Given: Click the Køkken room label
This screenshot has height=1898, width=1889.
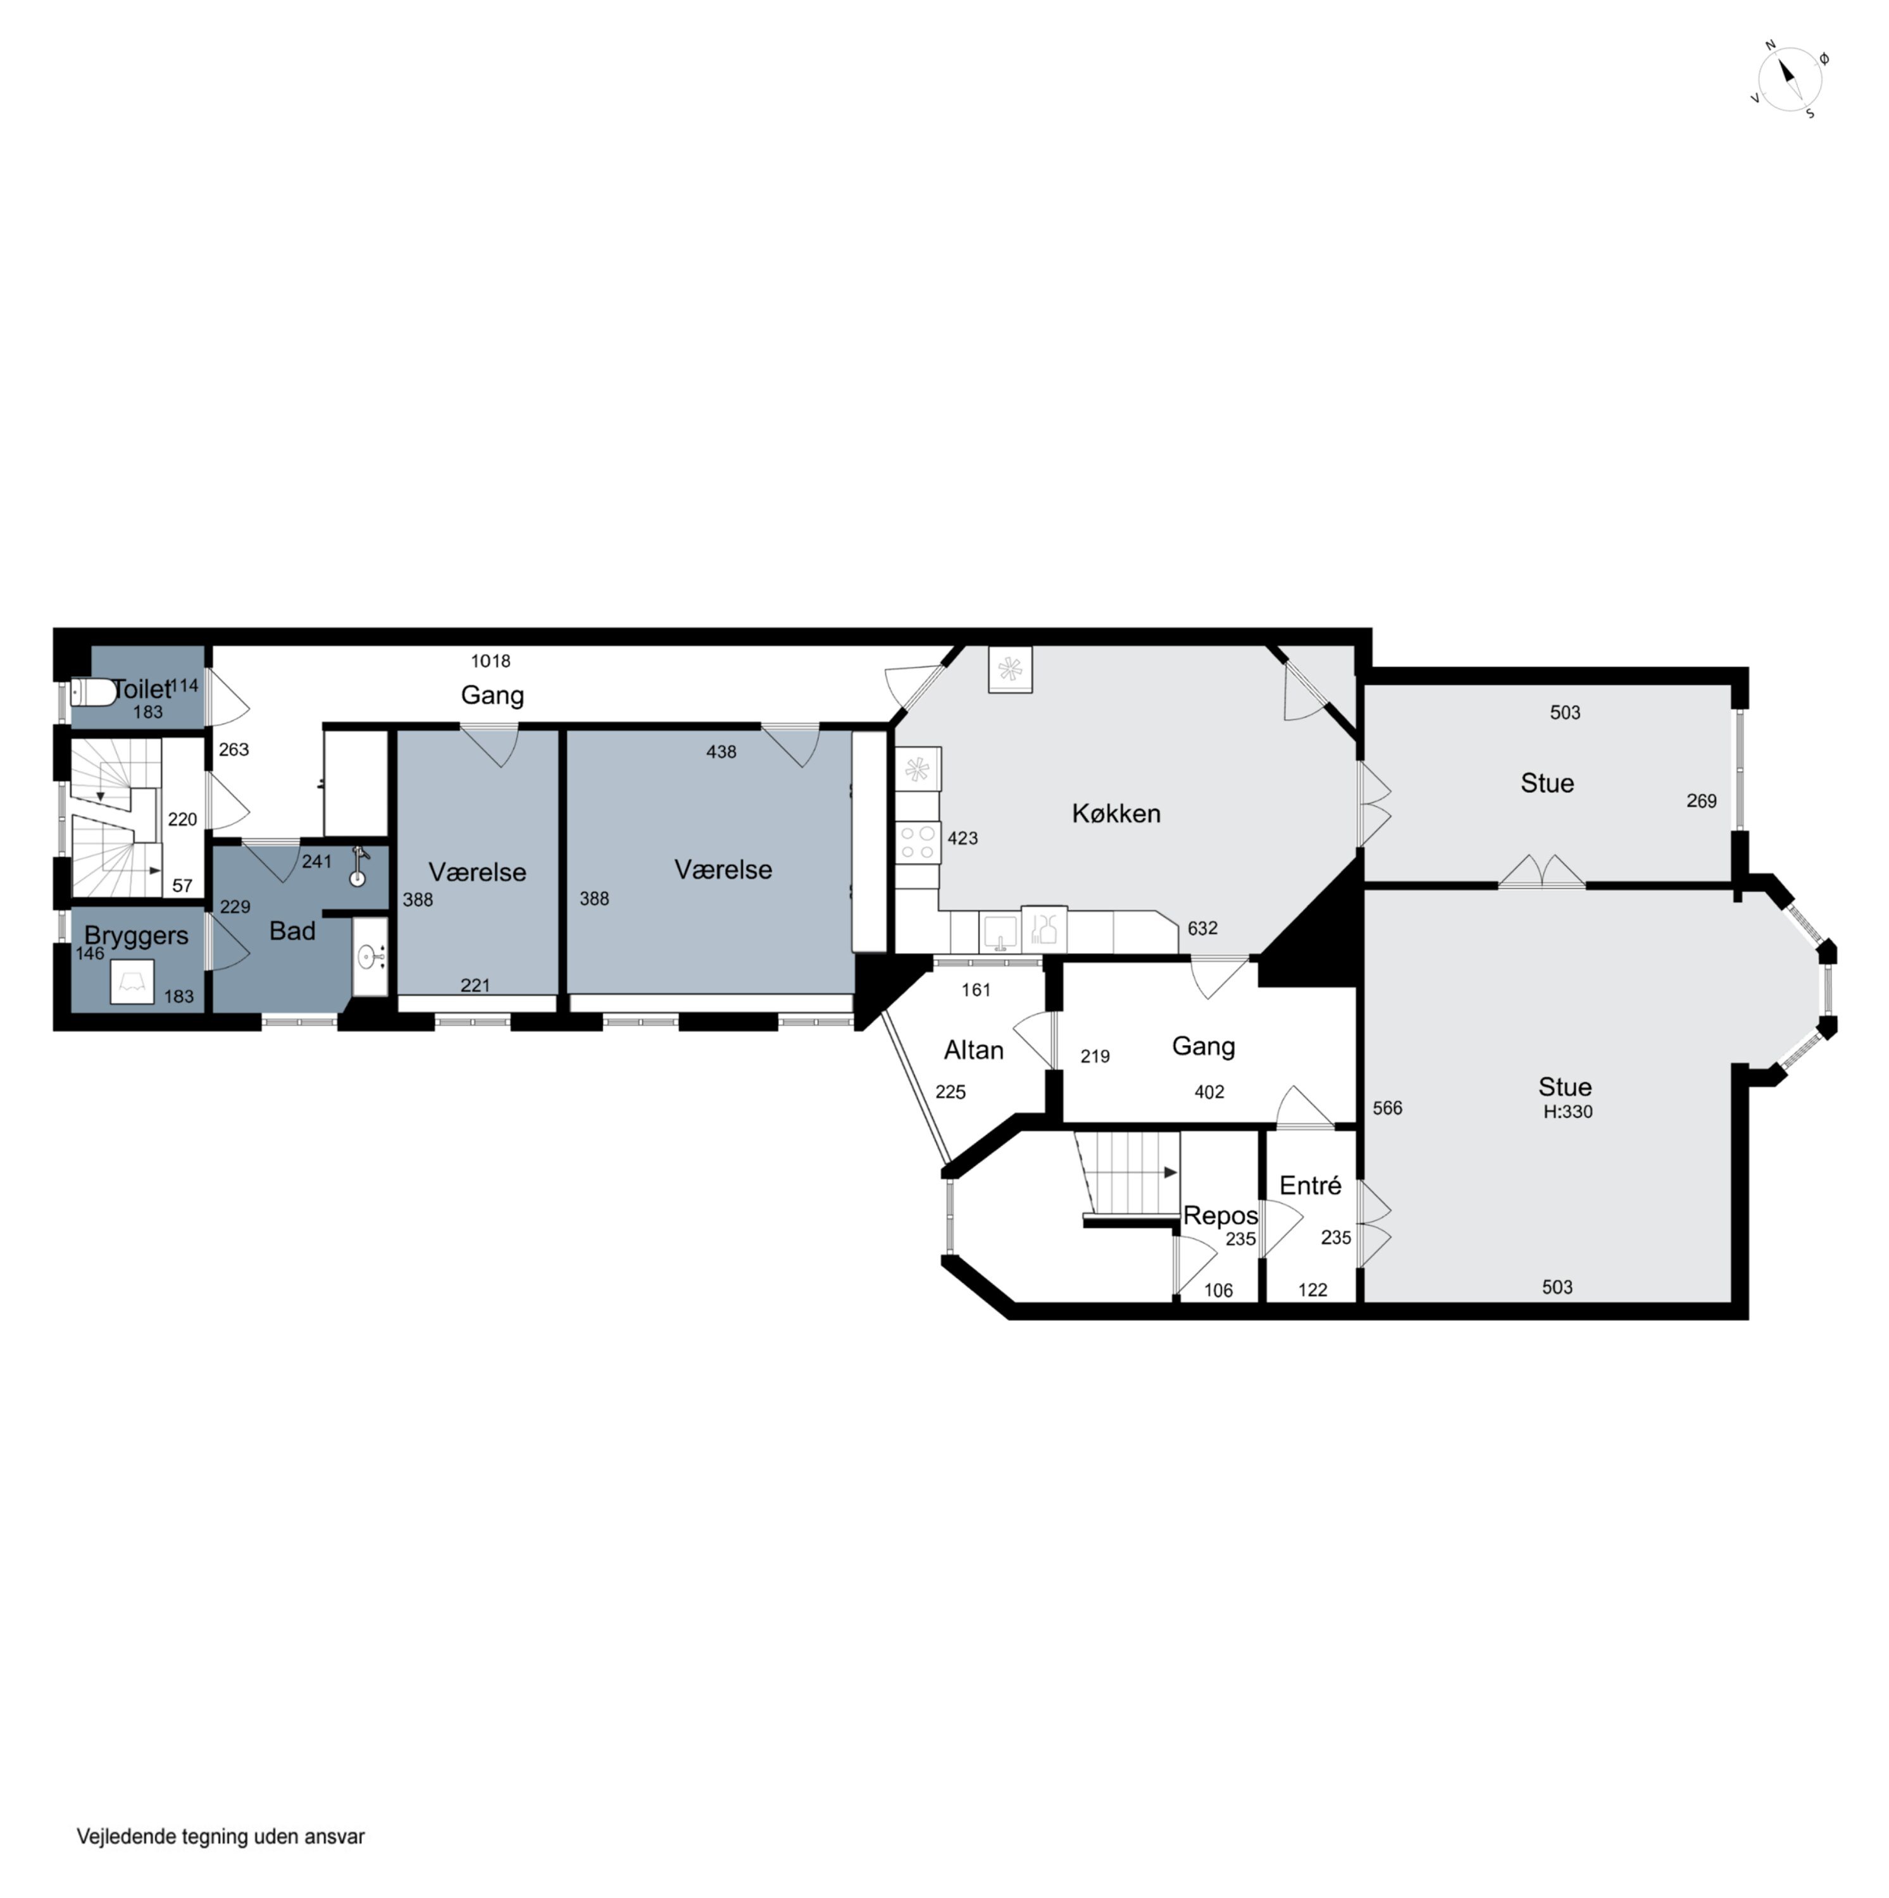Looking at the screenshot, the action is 1116,814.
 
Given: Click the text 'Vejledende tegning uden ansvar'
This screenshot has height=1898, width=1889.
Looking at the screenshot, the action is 220,1836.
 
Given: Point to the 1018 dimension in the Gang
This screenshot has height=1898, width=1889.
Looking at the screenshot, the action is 490,661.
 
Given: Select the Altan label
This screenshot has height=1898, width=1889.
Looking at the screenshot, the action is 973,1050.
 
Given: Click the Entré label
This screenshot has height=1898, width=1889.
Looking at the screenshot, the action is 1310,1186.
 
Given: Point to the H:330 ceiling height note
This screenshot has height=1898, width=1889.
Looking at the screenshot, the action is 1568,1112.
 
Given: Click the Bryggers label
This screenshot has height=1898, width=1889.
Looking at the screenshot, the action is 137,935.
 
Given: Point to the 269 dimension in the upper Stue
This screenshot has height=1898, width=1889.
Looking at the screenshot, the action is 1701,801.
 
